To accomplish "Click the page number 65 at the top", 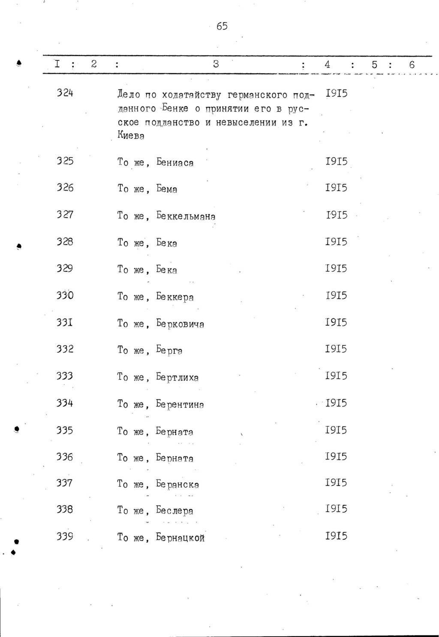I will [x=222, y=27].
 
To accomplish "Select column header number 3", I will [x=216, y=64].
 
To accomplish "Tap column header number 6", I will [x=412, y=65].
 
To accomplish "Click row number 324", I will [x=65, y=93].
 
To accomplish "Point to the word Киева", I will [x=131, y=136].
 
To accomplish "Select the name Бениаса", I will [x=175, y=163].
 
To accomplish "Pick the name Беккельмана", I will [x=186, y=216].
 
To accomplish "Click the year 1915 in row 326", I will [x=336, y=188].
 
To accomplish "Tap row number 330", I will [x=65, y=296].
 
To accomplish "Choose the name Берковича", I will [x=180, y=324].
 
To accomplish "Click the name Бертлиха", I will [x=177, y=378].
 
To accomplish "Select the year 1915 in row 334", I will [x=336, y=403].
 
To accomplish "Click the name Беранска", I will [x=177, y=484].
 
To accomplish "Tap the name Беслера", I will [x=174, y=511].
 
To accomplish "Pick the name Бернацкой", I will [x=180, y=538].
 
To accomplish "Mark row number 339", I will [x=65, y=536].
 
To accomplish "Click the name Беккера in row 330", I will [x=175, y=297].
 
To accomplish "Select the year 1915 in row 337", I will [x=336, y=483].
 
